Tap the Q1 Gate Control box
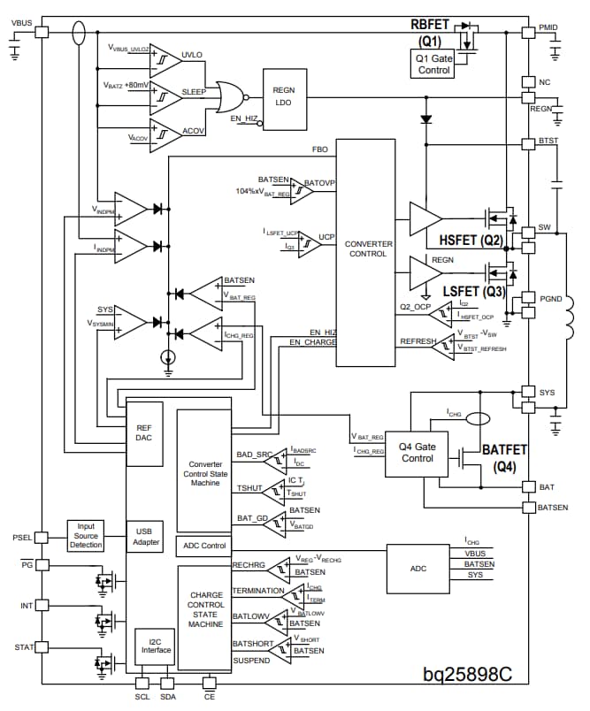433,63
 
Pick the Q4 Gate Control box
418,452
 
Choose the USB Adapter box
144,537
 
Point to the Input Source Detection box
86,537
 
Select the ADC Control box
203,546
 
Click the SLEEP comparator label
194,92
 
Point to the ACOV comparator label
193,130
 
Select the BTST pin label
548,140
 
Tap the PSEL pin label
21,538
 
